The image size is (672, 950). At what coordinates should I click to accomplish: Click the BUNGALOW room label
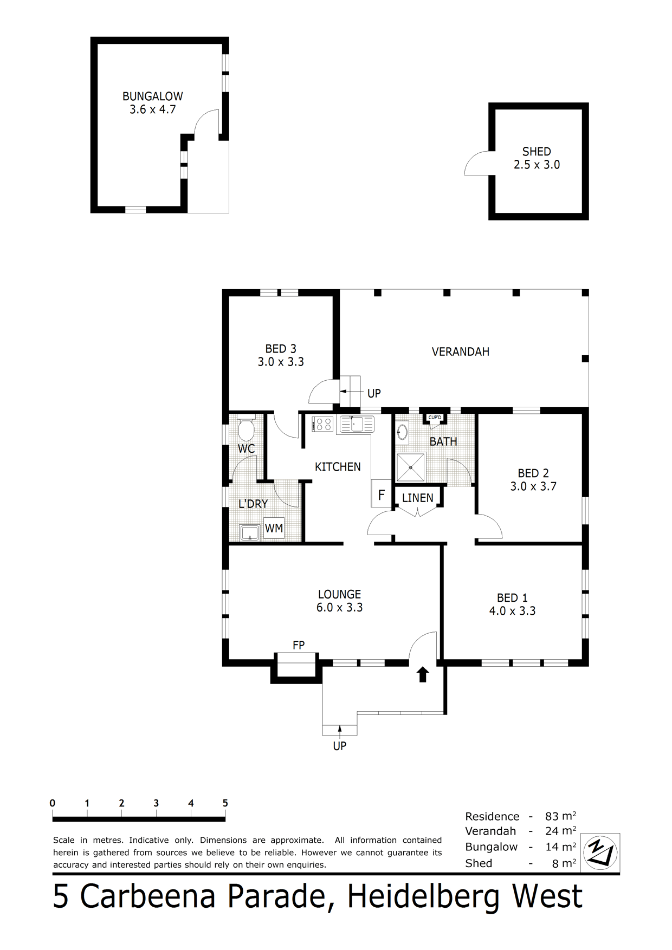[152, 96]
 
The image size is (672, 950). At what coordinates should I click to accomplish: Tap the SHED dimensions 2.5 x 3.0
[537, 165]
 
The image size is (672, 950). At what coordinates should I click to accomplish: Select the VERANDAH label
[461, 352]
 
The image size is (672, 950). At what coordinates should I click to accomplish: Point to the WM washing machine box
[274, 528]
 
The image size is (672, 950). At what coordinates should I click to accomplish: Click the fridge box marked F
[382, 494]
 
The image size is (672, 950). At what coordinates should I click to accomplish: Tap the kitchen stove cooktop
[323, 424]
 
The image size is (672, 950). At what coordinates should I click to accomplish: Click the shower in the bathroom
[411, 467]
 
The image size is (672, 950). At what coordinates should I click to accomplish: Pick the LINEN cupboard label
[418, 498]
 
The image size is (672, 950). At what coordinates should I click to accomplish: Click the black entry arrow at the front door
[423, 674]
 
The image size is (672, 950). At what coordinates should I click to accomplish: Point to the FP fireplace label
[299, 645]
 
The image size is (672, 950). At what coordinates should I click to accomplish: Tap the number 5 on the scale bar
[225, 803]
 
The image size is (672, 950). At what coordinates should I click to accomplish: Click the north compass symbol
[601, 853]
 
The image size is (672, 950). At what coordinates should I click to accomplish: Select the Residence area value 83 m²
[560, 816]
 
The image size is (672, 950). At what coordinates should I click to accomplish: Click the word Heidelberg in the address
[423, 897]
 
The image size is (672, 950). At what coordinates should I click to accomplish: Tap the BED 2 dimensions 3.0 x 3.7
[533, 486]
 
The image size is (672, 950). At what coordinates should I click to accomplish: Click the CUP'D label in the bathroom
[435, 418]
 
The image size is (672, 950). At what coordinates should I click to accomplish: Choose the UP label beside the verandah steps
[374, 393]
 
